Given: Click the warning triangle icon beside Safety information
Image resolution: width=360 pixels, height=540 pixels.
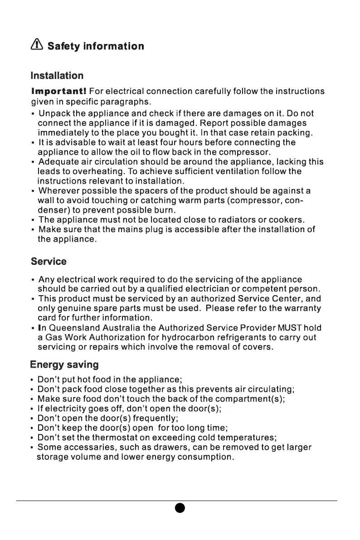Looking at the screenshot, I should coord(37,45).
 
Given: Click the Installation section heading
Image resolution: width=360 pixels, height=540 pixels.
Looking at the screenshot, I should coord(57,75).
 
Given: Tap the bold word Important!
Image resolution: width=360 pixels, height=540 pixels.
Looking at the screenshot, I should coord(59,91).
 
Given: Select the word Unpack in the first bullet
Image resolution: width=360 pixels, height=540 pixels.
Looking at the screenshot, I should coord(54,113).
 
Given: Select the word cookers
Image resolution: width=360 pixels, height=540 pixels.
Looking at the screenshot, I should coord(287,220).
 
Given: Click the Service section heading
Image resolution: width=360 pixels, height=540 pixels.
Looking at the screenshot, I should coord(48,262).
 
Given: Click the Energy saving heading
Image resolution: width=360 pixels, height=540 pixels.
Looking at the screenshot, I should coord(64,365).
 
